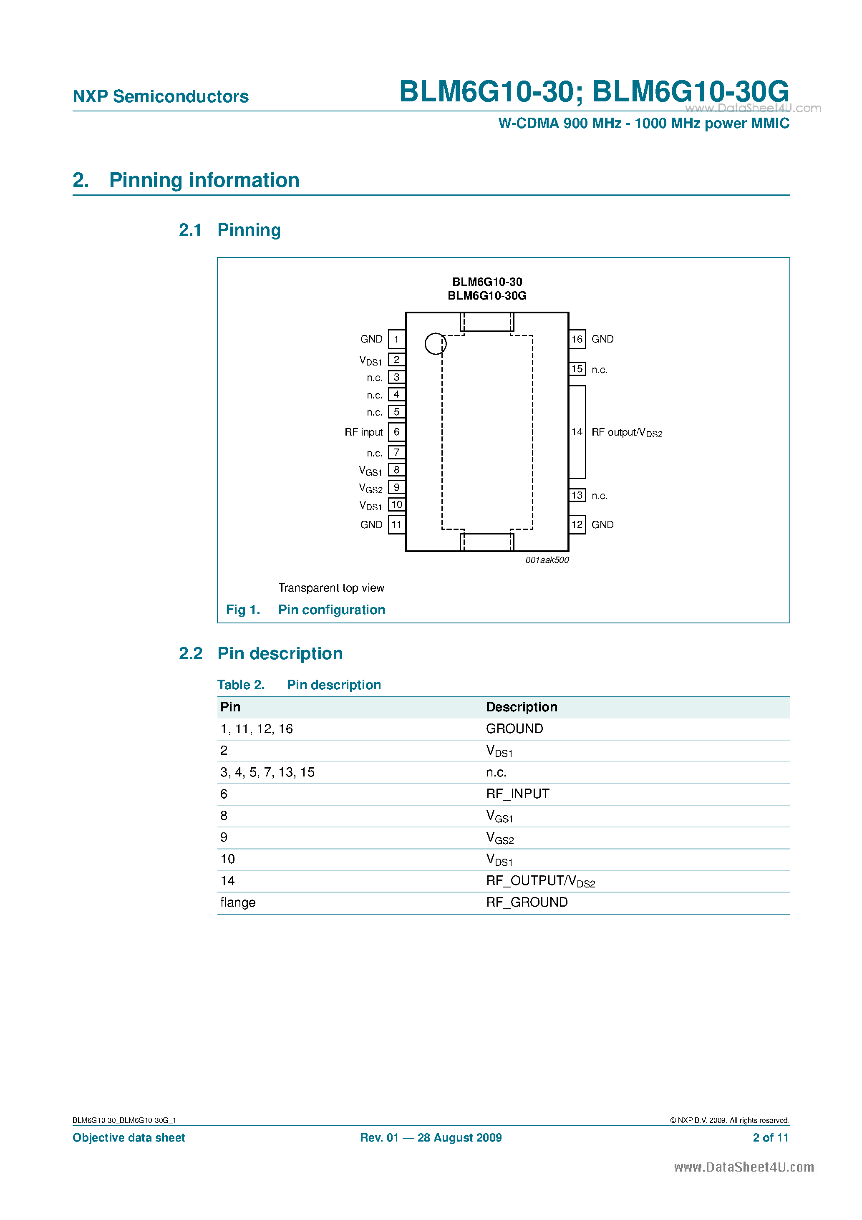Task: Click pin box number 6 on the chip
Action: tap(396, 432)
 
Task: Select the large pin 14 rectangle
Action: tap(577, 432)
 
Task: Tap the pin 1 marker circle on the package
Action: tap(435, 344)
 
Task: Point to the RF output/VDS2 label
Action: tap(627, 433)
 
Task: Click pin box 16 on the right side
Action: tap(577, 339)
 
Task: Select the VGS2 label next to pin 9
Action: tap(371, 488)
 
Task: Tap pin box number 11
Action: tap(396, 524)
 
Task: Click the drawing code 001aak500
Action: tap(547, 560)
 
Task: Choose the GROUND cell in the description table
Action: tap(514, 728)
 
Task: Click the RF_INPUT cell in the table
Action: tap(518, 794)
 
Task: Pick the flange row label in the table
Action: tap(238, 902)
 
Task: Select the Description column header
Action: tap(522, 707)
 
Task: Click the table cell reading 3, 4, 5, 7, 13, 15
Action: tap(267, 772)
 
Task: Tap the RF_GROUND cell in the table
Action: tap(527, 902)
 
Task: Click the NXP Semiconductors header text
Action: tap(161, 96)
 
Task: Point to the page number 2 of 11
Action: tap(771, 1138)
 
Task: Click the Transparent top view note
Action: tap(331, 588)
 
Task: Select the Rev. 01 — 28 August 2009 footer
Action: tap(431, 1138)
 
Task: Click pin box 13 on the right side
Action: tap(577, 495)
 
